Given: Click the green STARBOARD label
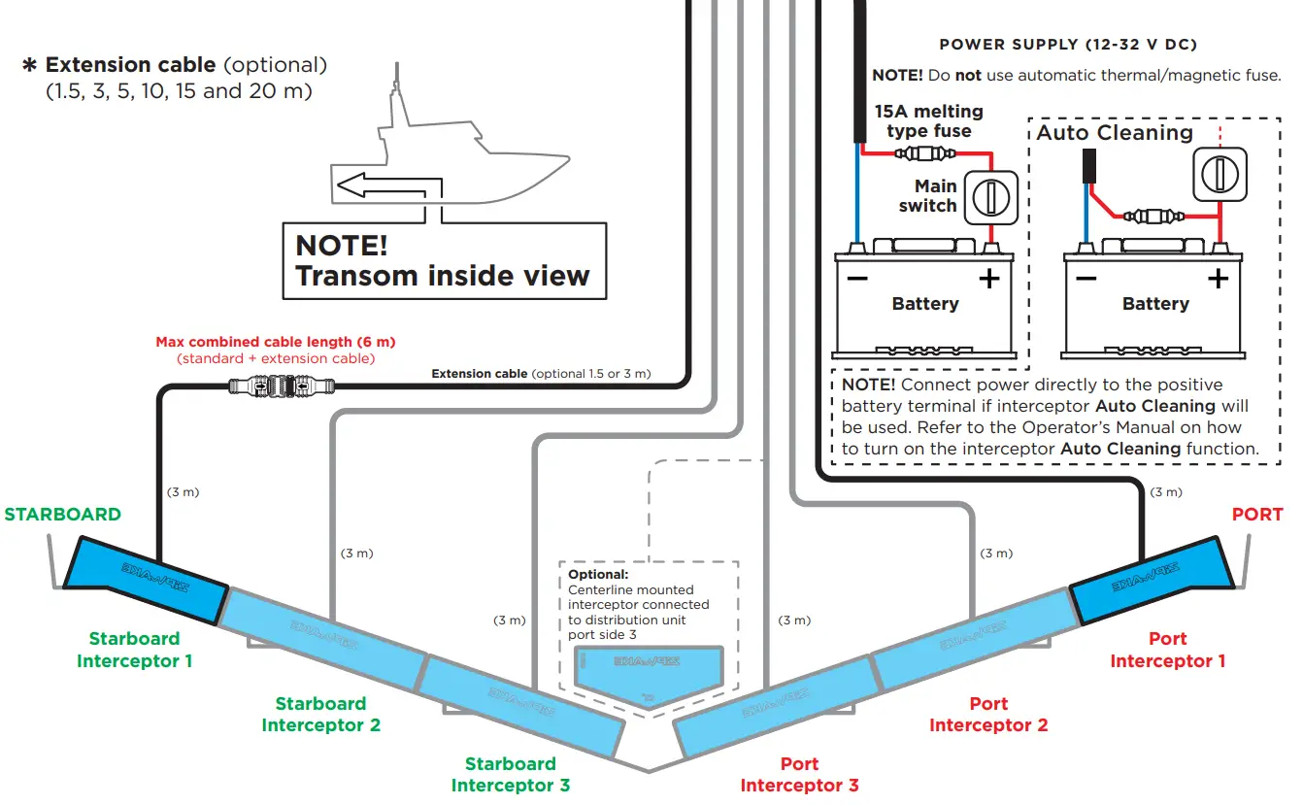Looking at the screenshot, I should click(x=63, y=515).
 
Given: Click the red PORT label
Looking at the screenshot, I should click(x=1256, y=515).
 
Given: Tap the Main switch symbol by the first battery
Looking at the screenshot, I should click(x=989, y=197).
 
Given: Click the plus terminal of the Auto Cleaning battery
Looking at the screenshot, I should click(x=1218, y=279).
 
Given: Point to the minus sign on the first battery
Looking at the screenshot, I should click(x=857, y=280).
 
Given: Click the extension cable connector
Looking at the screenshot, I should click(x=281, y=386).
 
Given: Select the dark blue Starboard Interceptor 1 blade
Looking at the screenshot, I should click(x=146, y=581).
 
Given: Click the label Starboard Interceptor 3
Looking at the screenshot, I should click(x=511, y=774).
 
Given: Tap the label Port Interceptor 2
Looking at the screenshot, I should click(x=988, y=714).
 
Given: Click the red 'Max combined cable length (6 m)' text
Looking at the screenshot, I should click(x=276, y=342).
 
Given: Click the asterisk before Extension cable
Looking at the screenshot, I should click(x=29, y=66).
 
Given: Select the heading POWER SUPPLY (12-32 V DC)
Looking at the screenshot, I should click(x=1068, y=45).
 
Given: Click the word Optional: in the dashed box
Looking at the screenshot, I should click(x=598, y=575).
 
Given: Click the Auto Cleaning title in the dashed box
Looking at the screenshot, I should click(x=1115, y=133).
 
